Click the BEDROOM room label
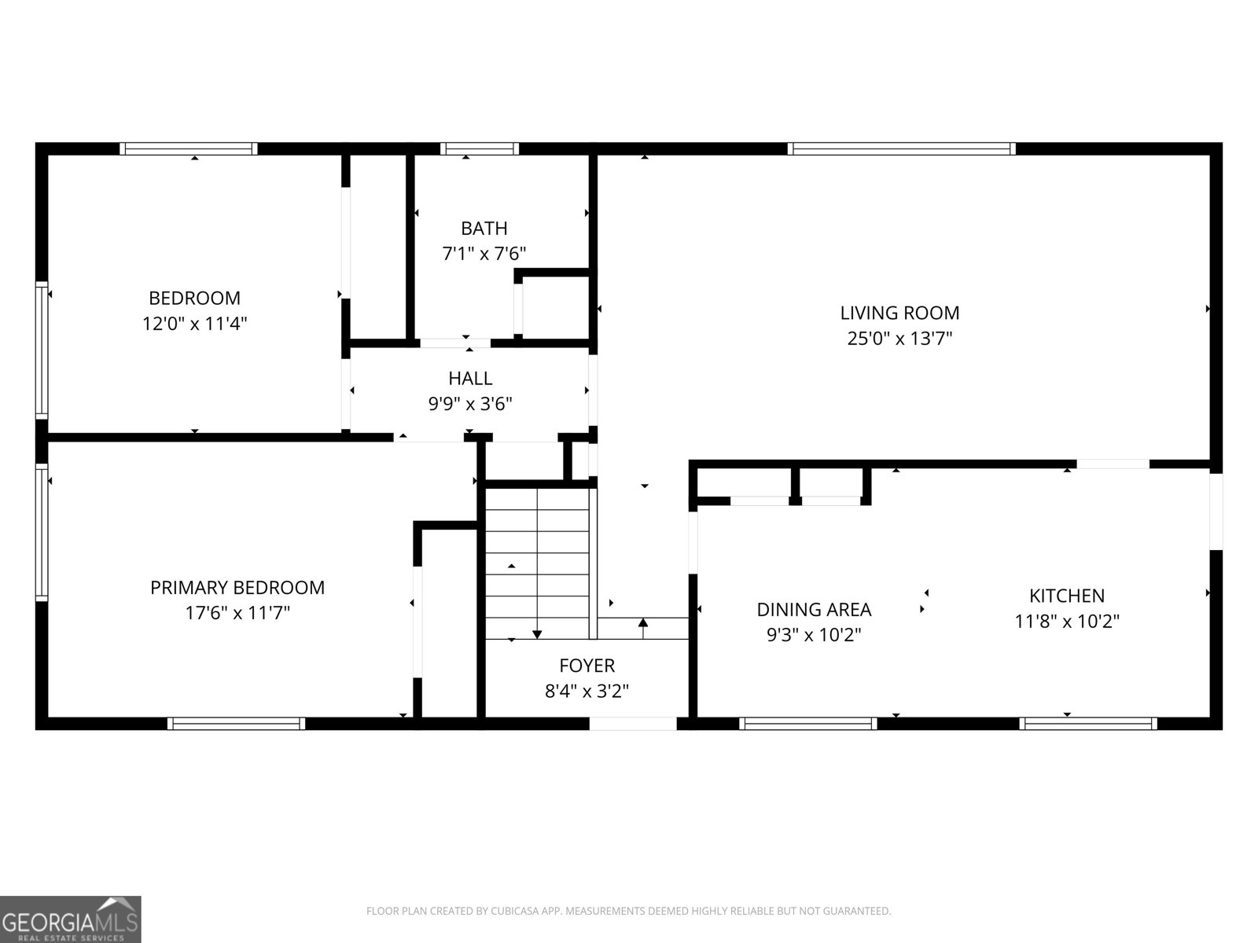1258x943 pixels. [x=194, y=299]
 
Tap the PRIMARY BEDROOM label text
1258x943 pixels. [x=237, y=588]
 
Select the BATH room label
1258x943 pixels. [x=484, y=229]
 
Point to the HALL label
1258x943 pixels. [x=470, y=379]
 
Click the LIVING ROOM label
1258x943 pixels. [x=899, y=314]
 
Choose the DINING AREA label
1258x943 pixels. [x=814, y=610]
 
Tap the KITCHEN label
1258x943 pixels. [x=1067, y=596]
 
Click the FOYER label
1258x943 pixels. [x=587, y=666]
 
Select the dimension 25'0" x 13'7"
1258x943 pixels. [x=899, y=339]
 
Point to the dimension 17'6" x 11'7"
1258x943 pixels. [x=237, y=613]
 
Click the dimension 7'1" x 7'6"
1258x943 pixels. [x=484, y=254]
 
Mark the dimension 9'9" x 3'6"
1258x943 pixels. [x=470, y=404]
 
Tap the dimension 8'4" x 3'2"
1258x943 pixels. [x=587, y=691]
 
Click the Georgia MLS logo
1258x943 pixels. [x=71, y=919]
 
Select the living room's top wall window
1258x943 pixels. [x=901, y=149]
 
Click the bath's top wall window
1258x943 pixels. [x=480, y=149]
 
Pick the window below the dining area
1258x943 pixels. [x=808, y=724]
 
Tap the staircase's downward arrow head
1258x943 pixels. [x=537, y=634]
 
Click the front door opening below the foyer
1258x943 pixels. [x=633, y=724]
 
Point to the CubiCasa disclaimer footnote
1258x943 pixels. [x=629, y=910]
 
